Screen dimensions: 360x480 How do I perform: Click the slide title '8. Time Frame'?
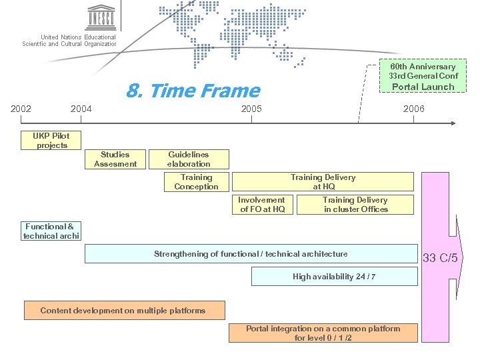click(193, 91)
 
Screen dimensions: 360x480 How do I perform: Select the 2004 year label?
click(81, 109)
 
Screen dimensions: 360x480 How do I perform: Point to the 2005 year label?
click(252, 109)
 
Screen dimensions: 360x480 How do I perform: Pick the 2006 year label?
click(413, 109)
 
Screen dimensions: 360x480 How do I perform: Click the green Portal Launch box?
click(423, 77)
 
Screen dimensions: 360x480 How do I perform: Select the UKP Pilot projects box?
click(51, 141)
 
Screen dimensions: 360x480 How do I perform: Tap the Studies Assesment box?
click(115, 159)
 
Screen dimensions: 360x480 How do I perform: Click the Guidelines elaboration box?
click(189, 159)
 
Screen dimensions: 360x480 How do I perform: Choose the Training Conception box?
click(197, 182)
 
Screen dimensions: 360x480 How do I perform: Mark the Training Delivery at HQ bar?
click(323, 182)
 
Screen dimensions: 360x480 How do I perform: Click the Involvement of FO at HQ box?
click(262, 205)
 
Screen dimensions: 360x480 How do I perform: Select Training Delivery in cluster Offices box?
click(355, 205)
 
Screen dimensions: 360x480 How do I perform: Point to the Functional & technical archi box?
click(51, 231)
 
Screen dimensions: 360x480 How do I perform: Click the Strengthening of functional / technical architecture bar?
click(251, 254)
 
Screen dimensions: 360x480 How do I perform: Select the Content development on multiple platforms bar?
click(123, 311)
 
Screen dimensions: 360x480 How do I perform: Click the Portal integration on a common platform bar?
click(323, 333)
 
